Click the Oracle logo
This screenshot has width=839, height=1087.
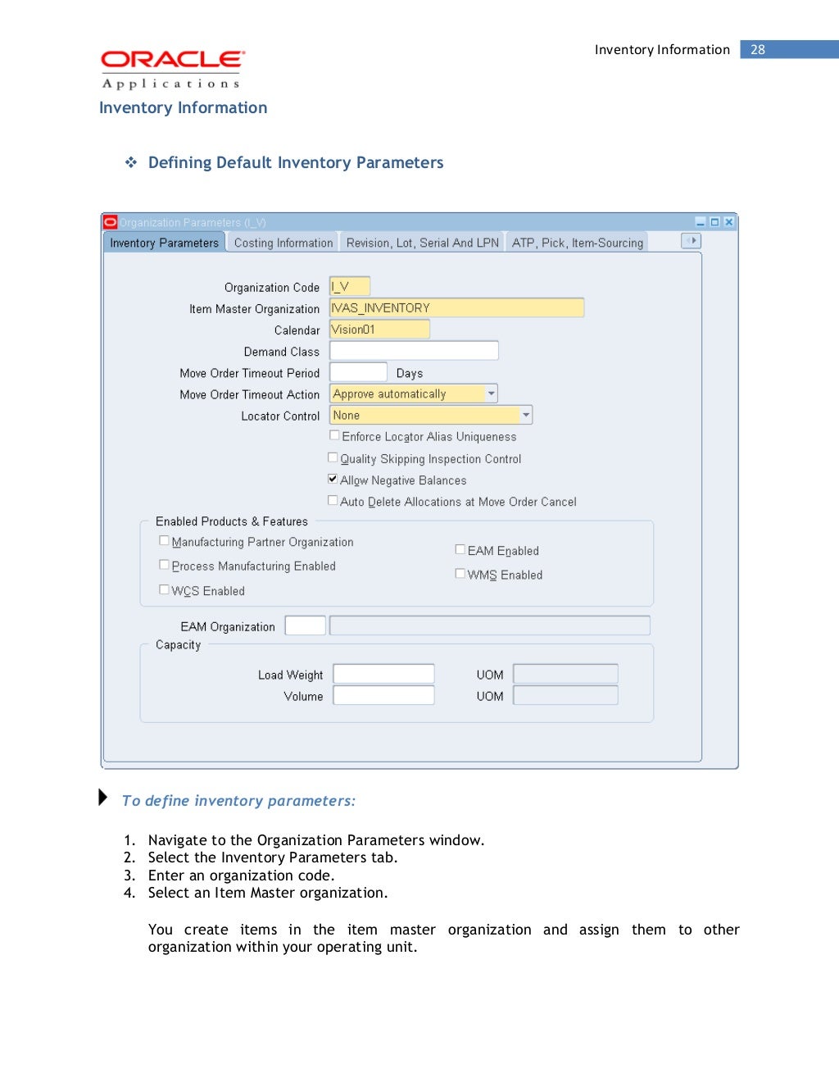(x=172, y=60)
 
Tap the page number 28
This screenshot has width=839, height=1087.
(x=758, y=50)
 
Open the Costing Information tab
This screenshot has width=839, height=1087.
(x=283, y=243)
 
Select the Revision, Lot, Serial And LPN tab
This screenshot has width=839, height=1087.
(x=422, y=243)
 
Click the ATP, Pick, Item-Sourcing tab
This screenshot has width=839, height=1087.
(x=577, y=243)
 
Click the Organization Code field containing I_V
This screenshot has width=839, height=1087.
(x=350, y=286)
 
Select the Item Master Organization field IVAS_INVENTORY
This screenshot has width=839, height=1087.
(x=456, y=307)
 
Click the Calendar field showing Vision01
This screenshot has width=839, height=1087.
(x=379, y=330)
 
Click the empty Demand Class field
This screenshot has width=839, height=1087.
(x=414, y=351)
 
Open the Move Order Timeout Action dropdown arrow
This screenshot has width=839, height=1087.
(x=491, y=393)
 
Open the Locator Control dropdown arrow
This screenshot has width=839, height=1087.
(x=525, y=416)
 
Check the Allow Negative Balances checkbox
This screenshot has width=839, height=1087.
(x=333, y=479)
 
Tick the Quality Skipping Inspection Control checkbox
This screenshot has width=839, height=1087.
(x=333, y=457)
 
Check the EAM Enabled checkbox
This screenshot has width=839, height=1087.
(x=460, y=549)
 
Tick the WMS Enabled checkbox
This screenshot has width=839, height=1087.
(x=460, y=574)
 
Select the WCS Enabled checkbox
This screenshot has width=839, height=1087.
(x=164, y=589)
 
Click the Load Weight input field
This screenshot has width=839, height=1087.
(x=383, y=674)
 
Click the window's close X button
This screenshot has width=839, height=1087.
(x=728, y=222)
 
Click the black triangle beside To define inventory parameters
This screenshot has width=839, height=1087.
(x=102, y=797)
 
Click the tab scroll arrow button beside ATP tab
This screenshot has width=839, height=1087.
(x=692, y=241)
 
